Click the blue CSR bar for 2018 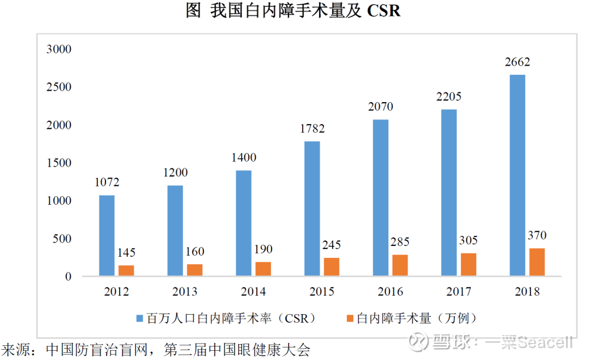[517, 175]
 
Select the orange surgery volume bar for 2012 [126, 270]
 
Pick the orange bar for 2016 [400, 265]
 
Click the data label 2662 [517, 62]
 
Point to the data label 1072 [107, 182]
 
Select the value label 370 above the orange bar [537, 236]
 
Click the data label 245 [332, 245]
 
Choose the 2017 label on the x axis [459, 292]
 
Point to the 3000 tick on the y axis [60, 50]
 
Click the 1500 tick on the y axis [60, 163]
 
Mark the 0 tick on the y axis [68, 277]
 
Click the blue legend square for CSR [140, 318]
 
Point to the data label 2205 [449, 97]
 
